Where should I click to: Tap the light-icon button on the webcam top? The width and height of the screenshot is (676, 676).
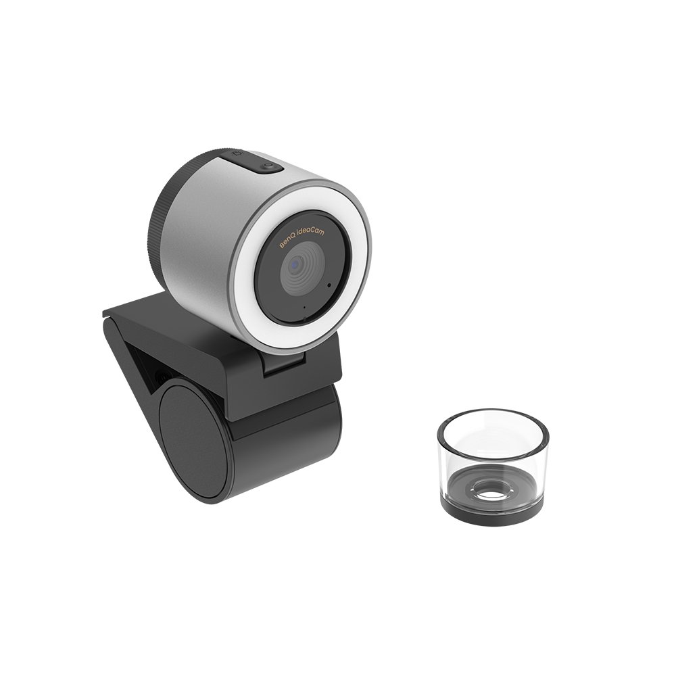tap(237, 157)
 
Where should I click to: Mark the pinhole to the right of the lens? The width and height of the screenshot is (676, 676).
tap(329, 285)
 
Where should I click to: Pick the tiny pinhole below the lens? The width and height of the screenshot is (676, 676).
tap(304, 308)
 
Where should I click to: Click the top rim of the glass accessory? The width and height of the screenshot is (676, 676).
tap(493, 414)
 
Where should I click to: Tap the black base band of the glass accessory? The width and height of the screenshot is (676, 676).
tap(493, 514)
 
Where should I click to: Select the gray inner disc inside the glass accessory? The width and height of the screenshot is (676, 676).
tap(466, 483)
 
